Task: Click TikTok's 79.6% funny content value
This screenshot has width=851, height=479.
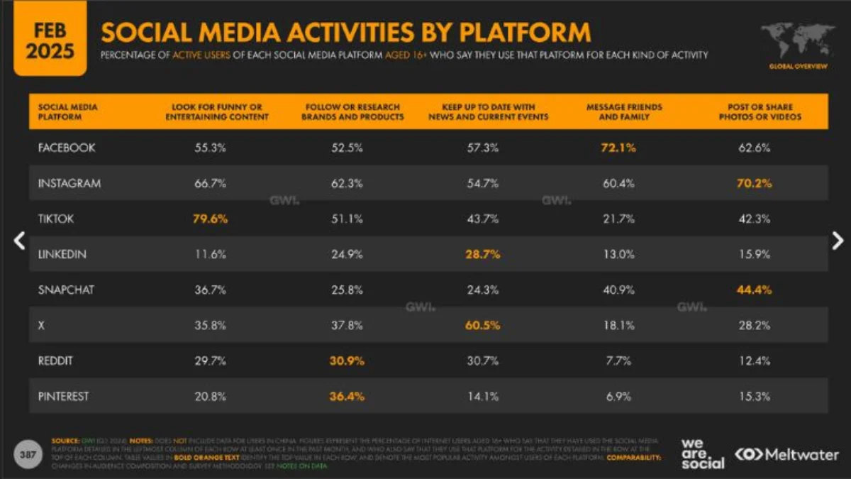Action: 210,219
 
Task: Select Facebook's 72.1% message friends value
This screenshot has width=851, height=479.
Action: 619,148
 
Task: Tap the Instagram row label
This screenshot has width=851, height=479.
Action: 69,183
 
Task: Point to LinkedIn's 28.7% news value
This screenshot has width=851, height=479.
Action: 483,254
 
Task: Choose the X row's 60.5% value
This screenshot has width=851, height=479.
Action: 483,325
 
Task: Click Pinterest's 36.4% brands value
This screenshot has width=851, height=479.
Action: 347,396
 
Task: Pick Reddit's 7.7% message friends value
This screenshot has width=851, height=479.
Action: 619,360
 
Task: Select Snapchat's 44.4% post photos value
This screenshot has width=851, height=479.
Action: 755,290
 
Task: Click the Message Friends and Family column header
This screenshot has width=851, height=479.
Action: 624,111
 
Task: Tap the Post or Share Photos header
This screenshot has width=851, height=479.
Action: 760,111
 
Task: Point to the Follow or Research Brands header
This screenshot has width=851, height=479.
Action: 352,111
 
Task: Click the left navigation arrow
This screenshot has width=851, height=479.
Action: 19,241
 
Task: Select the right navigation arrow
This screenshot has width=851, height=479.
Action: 838,241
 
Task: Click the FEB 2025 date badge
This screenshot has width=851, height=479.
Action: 50,39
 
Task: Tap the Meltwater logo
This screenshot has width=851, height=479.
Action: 786,454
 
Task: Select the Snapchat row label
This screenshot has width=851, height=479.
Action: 66,290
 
